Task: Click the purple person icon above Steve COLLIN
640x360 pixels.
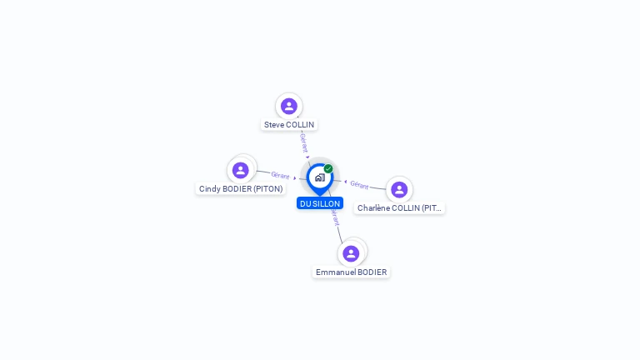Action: click(x=289, y=106)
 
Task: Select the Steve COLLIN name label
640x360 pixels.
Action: click(x=289, y=125)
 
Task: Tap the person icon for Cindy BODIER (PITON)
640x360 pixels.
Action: click(x=241, y=170)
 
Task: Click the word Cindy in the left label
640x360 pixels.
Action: click(x=208, y=189)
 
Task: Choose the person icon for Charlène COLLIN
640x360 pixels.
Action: click(x=399, y=189)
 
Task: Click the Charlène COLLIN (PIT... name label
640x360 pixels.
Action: click(x=399, y=208)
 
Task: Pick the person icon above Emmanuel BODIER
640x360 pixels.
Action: click(x=351, y=253)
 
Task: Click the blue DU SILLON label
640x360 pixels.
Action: click(x=320, y=203)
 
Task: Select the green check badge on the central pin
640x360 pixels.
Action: click(x=328, y=169)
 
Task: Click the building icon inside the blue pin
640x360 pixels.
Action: click(x=319, y=177)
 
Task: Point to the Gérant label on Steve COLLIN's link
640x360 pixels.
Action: click(x=304, y=142)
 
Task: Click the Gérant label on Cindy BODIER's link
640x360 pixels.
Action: click(x=280, y=176)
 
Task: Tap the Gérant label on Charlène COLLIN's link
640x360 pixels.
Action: click(x=359, y=184)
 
